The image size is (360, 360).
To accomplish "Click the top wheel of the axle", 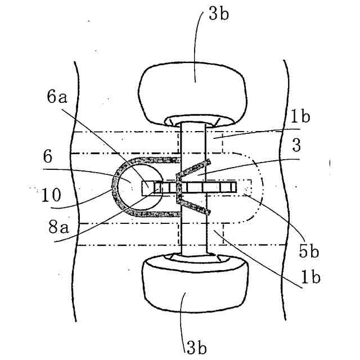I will [196, 93].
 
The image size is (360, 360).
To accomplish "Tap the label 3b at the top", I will [218, 14].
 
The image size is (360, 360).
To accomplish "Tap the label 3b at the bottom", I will [196, 346].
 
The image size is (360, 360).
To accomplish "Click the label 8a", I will [60, 228].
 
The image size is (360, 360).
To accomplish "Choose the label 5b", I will [309, 251].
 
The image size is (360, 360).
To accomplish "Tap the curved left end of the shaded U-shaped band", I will [116, 187].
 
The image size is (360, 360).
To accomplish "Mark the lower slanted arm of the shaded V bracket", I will [194, 206].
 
